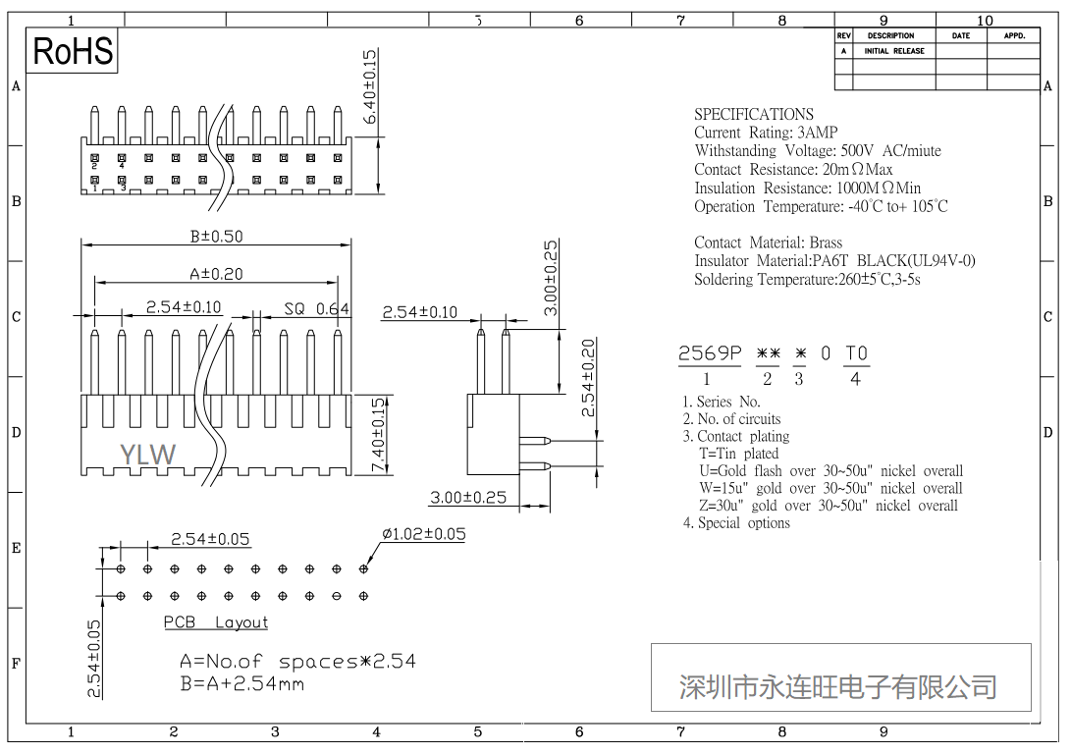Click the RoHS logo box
(73, 51)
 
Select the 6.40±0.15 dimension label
(370, 86)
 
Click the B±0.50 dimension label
(216, 236)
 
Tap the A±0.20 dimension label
(216, 274)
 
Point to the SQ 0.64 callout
(316, 308)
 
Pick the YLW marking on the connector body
(147, 454)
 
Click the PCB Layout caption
(215, 622)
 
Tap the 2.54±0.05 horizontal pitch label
(210, 538)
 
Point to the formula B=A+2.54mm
(241, 683)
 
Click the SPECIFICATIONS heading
(753, 114)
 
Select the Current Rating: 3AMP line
(766, 133)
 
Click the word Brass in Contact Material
(826, 243)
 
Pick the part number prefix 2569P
(710, 353)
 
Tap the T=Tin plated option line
(738, 454)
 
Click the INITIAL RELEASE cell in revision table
(893, 51)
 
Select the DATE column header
(960, 35)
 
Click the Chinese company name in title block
(838, 686)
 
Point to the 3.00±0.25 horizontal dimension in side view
(468, 497)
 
